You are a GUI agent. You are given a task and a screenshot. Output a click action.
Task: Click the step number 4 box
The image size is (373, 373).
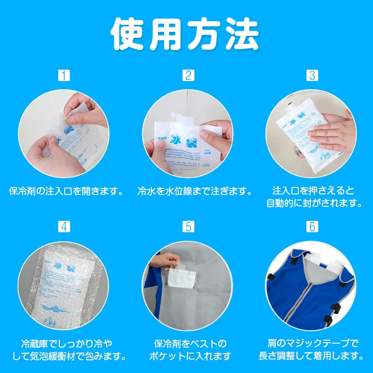click(64, 226)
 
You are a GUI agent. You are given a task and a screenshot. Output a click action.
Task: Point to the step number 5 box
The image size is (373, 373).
click(188, 226)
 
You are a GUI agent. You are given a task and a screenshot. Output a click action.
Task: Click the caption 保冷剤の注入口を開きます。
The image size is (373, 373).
click(66, 191)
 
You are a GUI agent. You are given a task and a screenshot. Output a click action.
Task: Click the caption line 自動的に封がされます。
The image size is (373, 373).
click(313, 203)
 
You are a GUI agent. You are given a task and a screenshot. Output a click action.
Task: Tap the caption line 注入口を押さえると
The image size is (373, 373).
click(313, 190)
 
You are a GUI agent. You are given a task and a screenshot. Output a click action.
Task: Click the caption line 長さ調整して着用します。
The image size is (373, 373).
click(311, 356)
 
